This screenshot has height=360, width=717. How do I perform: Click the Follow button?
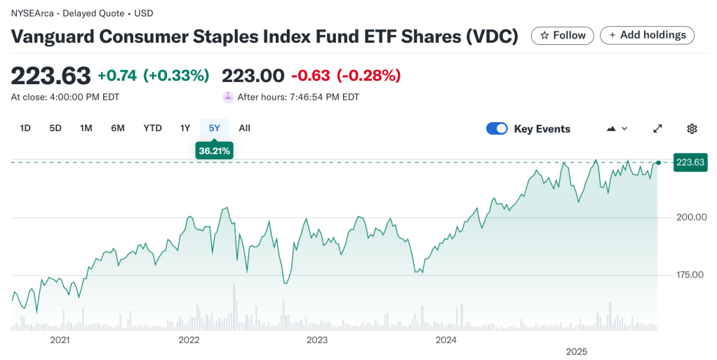[x=562, y=36]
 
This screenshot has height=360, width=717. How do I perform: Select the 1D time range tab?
[x=25, y=128]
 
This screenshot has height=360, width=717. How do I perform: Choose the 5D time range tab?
[x=55, y=128]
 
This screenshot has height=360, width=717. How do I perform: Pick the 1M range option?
[x=86, y=128]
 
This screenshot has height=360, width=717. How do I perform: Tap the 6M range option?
[x=118, y=128]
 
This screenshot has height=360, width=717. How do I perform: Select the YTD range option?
[x=152, y=128]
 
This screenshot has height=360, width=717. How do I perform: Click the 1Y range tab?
[x=185, y=128]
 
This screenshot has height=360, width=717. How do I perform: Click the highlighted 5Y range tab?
[x=215, y=128]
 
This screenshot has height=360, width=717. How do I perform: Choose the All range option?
[x=244, y=128]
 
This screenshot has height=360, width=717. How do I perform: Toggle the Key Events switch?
[x=497, y=128]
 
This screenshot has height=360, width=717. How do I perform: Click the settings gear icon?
[x=692, y=128]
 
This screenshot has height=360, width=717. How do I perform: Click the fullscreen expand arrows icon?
[x=657, y=128]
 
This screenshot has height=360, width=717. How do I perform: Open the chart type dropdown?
[x=616, y=128]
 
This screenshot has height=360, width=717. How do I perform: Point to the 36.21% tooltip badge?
[x=215, y=151]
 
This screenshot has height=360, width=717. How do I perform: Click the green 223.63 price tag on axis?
[x=690, y=163]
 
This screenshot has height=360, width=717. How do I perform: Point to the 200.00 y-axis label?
[x=690, y=217]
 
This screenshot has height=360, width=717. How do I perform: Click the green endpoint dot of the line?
[x=658, y=163]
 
